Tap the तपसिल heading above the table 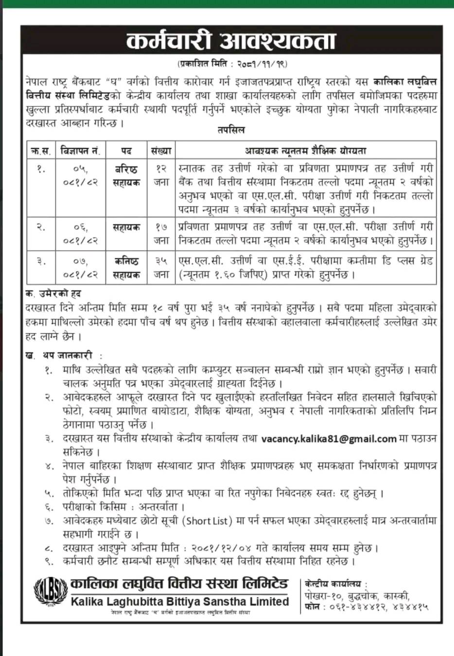tap(231, 130)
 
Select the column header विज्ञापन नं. tap(80, 151)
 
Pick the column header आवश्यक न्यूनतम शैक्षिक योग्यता tap(306, 151)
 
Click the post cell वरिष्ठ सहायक tap(126, 176)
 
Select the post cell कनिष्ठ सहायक tap(126, 268)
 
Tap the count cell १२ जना tap(161, 175)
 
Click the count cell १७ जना tap(161, 234)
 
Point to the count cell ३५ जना tap(161, 268)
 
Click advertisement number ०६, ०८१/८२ tap(80, 234)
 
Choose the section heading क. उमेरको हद tap(53, 294)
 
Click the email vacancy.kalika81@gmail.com tap(329, 439)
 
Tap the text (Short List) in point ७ tap(208, 521)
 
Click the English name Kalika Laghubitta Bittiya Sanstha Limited tap(180, 602)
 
